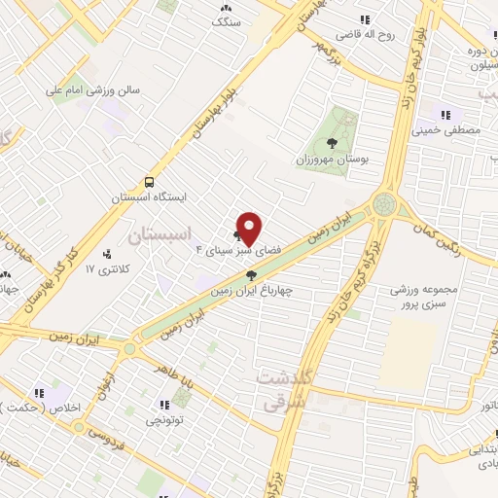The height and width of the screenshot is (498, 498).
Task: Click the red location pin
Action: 249,228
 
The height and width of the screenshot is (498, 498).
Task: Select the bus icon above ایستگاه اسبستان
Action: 149,181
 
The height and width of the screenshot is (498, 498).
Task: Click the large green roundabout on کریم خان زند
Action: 385,205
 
